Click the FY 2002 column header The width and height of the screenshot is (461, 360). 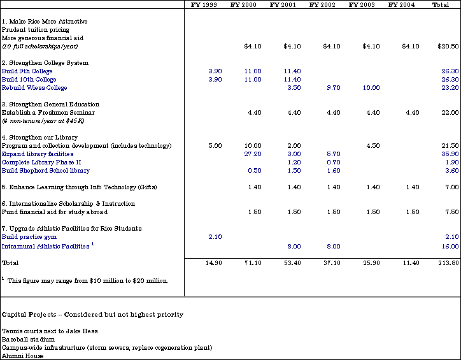pos(322,4)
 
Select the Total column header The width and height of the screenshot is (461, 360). pos(441,4)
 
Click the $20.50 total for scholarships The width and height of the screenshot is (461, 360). pos(448,46)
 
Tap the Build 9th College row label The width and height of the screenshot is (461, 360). pos(27,71)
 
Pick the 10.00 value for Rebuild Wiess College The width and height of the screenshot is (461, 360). pos(371,88)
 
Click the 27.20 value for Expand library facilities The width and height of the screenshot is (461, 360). pos(253,154)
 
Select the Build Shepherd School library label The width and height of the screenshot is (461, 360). pos(46,171)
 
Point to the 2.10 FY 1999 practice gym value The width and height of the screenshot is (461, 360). pos(215,237)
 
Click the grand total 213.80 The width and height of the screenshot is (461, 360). pos(449,263)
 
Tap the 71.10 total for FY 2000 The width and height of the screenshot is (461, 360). pos(253,263)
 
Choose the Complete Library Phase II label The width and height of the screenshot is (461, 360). pos(41,162)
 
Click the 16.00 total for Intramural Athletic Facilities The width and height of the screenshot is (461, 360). pos(450,247)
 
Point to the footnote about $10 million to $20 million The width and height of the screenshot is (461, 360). pos(85,280)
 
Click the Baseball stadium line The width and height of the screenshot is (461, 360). pos(28,340)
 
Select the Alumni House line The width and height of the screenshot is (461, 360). pos(23,356)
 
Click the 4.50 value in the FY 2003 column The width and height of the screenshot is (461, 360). pos(373,145)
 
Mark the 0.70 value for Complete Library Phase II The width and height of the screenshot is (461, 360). pos(334,162)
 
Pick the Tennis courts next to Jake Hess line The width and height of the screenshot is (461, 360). pos(50,331)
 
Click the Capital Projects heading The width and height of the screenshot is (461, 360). pos(92,315)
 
